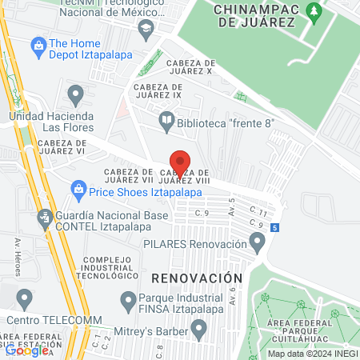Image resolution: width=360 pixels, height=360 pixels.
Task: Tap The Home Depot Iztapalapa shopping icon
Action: pos(38,44)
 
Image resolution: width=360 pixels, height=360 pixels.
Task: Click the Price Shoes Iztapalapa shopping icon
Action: pos(78,189)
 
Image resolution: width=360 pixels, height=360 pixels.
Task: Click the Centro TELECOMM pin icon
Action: pos(25,300)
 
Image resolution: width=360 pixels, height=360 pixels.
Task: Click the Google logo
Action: pos(26,350)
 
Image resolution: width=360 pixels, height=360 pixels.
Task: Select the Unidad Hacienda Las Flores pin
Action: pos(76,97)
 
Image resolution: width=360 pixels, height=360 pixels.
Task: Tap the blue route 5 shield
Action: pos(274,228)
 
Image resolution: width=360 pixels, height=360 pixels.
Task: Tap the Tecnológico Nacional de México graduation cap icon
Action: pos(145,30)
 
